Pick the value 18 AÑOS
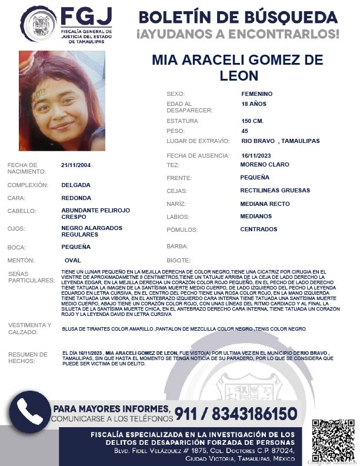click(254, 104)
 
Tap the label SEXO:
click(176, 94)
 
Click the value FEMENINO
click(257, 94)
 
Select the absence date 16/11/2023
click(256, 155)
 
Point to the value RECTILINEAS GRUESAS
click(275, 191)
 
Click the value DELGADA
click(76, 184)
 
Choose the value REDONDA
click(76, 198)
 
